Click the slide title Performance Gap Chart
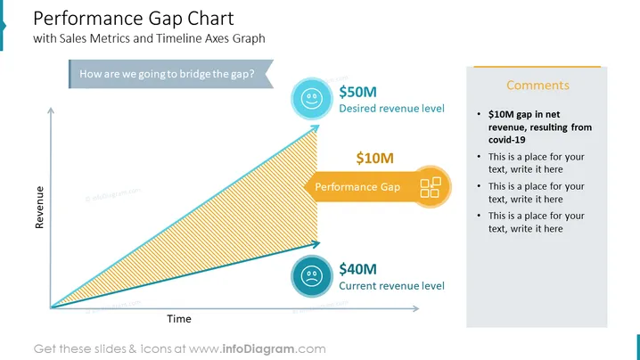(x=134, y=19)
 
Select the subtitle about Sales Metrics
(x=149, y=38)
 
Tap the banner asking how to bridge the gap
(x=171, y=74)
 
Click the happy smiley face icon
(x=312, y=98)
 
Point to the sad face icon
(x=312, y=276)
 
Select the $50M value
(x=358, y=92)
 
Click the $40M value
(x=358, y=269)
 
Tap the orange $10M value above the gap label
(x=374, y=158)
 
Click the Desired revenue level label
(x=392, y=109)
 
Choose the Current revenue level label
(x=392, y=286)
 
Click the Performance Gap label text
(x=357, y=187)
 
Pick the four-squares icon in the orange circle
(x=431, y=187)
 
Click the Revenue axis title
(x=39, y=208)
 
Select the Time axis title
(x=179, y=319)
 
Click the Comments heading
(x=538, y=85)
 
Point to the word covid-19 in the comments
(x=507, y=140)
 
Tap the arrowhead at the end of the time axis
(x=416, y=308)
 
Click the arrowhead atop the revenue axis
(x=51, y=110)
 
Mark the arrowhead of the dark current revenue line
(x=316, y=244)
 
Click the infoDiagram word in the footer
(x=258, y=349)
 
